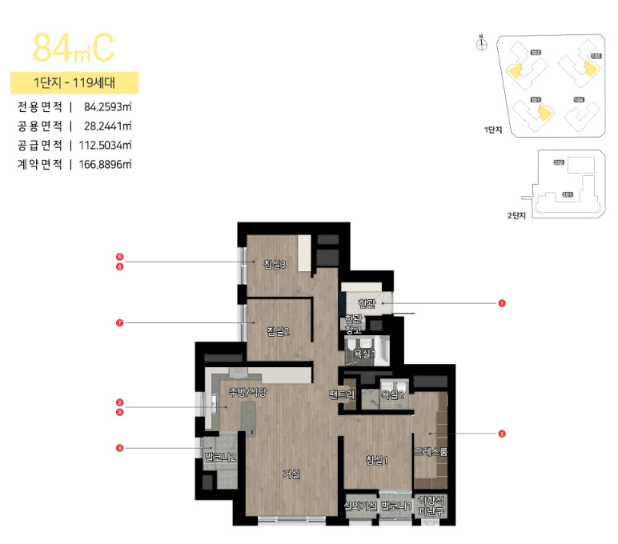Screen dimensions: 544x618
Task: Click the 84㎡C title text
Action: tap(74, 48)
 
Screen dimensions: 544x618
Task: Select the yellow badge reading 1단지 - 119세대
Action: tap(74, 83)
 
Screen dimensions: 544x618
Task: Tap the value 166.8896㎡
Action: tap(101, 164)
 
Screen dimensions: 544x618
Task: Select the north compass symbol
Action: tap(481, 44)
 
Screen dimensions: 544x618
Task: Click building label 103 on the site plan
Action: tap(595, 56)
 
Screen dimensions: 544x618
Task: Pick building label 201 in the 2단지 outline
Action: tap(567, 194)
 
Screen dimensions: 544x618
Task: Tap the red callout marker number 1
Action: tap(501, 304)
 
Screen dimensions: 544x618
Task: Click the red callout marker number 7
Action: tap(119, 323)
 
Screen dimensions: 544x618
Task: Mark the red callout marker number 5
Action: tap(501, 434)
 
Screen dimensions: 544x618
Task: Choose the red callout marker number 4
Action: tap(119, 448)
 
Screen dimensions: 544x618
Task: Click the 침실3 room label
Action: tap(275, 265)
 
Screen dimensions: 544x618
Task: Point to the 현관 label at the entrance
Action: tap(367, 303)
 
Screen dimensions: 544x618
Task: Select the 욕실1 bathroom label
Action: tap(363, 353)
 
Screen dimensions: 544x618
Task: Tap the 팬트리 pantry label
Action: tap(341, 394)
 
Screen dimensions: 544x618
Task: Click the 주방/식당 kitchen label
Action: tap(247, 392)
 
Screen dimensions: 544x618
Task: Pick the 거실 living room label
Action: tap(291, 473)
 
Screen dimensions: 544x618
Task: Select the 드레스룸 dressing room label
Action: tap(431, 451)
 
